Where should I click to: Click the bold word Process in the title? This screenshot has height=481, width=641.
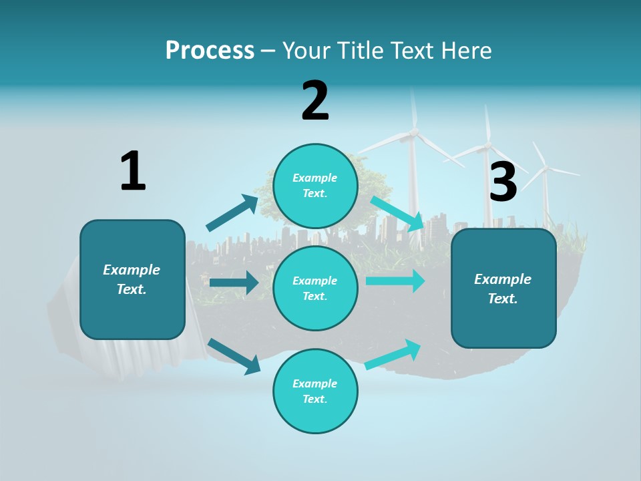(210, 50)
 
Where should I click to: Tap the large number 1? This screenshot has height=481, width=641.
(133, 171)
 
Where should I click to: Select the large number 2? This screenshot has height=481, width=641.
(315, 101)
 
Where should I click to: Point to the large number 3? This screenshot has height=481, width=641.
(503, 182)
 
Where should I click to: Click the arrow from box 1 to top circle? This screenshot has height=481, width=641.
(232, 213)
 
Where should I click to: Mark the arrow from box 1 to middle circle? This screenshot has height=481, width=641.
(234, 283)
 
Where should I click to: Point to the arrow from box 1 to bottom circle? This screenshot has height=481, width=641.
(234, 356)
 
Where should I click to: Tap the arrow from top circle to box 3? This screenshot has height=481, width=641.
(397, 213)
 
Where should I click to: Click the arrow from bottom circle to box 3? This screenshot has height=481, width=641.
(393, 355)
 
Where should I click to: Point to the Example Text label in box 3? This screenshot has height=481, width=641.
(503, 289)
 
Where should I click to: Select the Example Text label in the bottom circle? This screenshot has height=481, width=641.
(315, 391)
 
